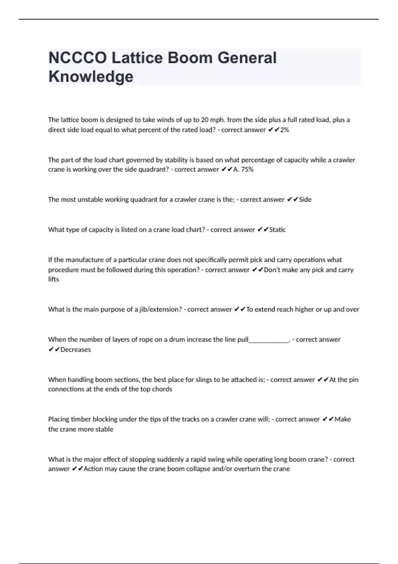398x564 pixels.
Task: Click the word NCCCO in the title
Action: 78,58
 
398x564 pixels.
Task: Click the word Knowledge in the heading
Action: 91,76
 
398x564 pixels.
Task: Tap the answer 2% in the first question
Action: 285,130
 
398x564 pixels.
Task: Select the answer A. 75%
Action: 243,170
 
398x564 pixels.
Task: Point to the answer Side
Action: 305,199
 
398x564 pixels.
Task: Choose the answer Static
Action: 277,230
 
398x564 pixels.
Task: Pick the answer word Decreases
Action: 75,349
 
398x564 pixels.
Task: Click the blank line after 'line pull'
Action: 269,340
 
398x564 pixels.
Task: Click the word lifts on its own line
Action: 53,279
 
